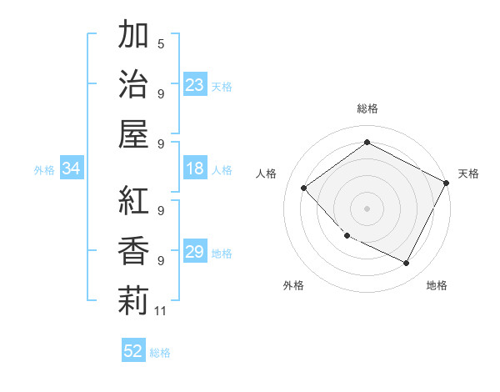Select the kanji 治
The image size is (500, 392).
(x=133, y=83)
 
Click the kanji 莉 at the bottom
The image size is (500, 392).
(x=133, y=299)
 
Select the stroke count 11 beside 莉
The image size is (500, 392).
(x=161, y=311)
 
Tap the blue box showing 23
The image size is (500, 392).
(x=195, y=84)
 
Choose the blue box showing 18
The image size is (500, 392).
(x=195, y=168)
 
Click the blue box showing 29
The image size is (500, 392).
(x=195, y=252)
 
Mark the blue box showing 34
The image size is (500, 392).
(x=71, y=168)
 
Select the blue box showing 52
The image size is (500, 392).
(x=133, y=351)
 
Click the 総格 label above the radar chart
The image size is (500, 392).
(x=367, y=108)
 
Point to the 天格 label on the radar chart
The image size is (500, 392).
(x=468, y=173)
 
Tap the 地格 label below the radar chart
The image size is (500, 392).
(x=437, y=285)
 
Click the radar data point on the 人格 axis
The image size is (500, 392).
(x=304, y=188)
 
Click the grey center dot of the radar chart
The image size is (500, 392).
(x=367, y=208)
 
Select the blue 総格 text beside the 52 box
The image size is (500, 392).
(x=160, y=352)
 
